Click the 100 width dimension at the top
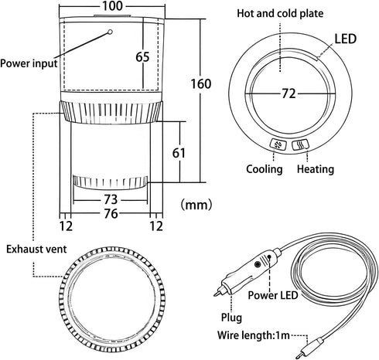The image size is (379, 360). tap(112, 6)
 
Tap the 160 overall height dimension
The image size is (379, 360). tap(201, 84)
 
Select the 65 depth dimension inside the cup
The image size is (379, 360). tap(142, 57)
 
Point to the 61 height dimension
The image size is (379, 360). tap(179, 153)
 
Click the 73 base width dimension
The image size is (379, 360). tap(111, 199)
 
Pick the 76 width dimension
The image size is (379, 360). tap(111, 213)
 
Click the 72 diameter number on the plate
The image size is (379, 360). tap(289, 93)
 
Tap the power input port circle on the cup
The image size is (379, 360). tap(110, 32)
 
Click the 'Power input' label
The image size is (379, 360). tap(29, 63)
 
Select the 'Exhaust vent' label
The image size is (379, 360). tap(36, 250)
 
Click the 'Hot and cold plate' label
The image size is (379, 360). tap(280, 13)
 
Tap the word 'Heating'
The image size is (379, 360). tap(316, 169)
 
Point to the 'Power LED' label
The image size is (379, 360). tap(273, 295)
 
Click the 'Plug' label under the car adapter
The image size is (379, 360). tap(231, 318)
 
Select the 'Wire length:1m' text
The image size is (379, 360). tap(254, 335)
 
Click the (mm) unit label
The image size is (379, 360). tap(196, 205)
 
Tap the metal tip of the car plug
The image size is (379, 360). tap(217, 293)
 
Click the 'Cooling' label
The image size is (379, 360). tap(265, 169)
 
